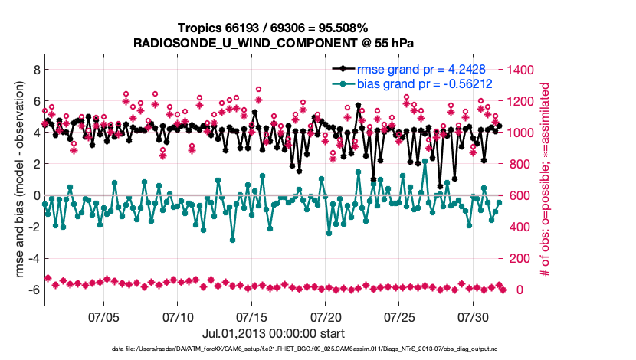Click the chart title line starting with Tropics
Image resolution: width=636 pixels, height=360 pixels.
click(274, 28)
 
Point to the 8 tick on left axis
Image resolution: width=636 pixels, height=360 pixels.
click(34, 70)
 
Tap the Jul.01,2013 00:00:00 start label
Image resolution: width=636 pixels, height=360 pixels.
click(274, 333)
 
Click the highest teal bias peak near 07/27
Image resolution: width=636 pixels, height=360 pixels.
click(425, 162)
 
